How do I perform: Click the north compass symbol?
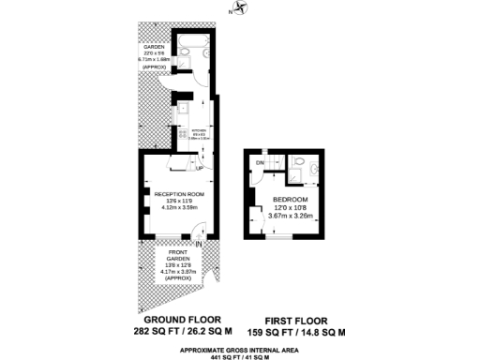click(x=241, y=8)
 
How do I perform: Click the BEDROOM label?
click(x=288, y=200)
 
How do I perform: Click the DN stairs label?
click(x=259, y=162)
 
